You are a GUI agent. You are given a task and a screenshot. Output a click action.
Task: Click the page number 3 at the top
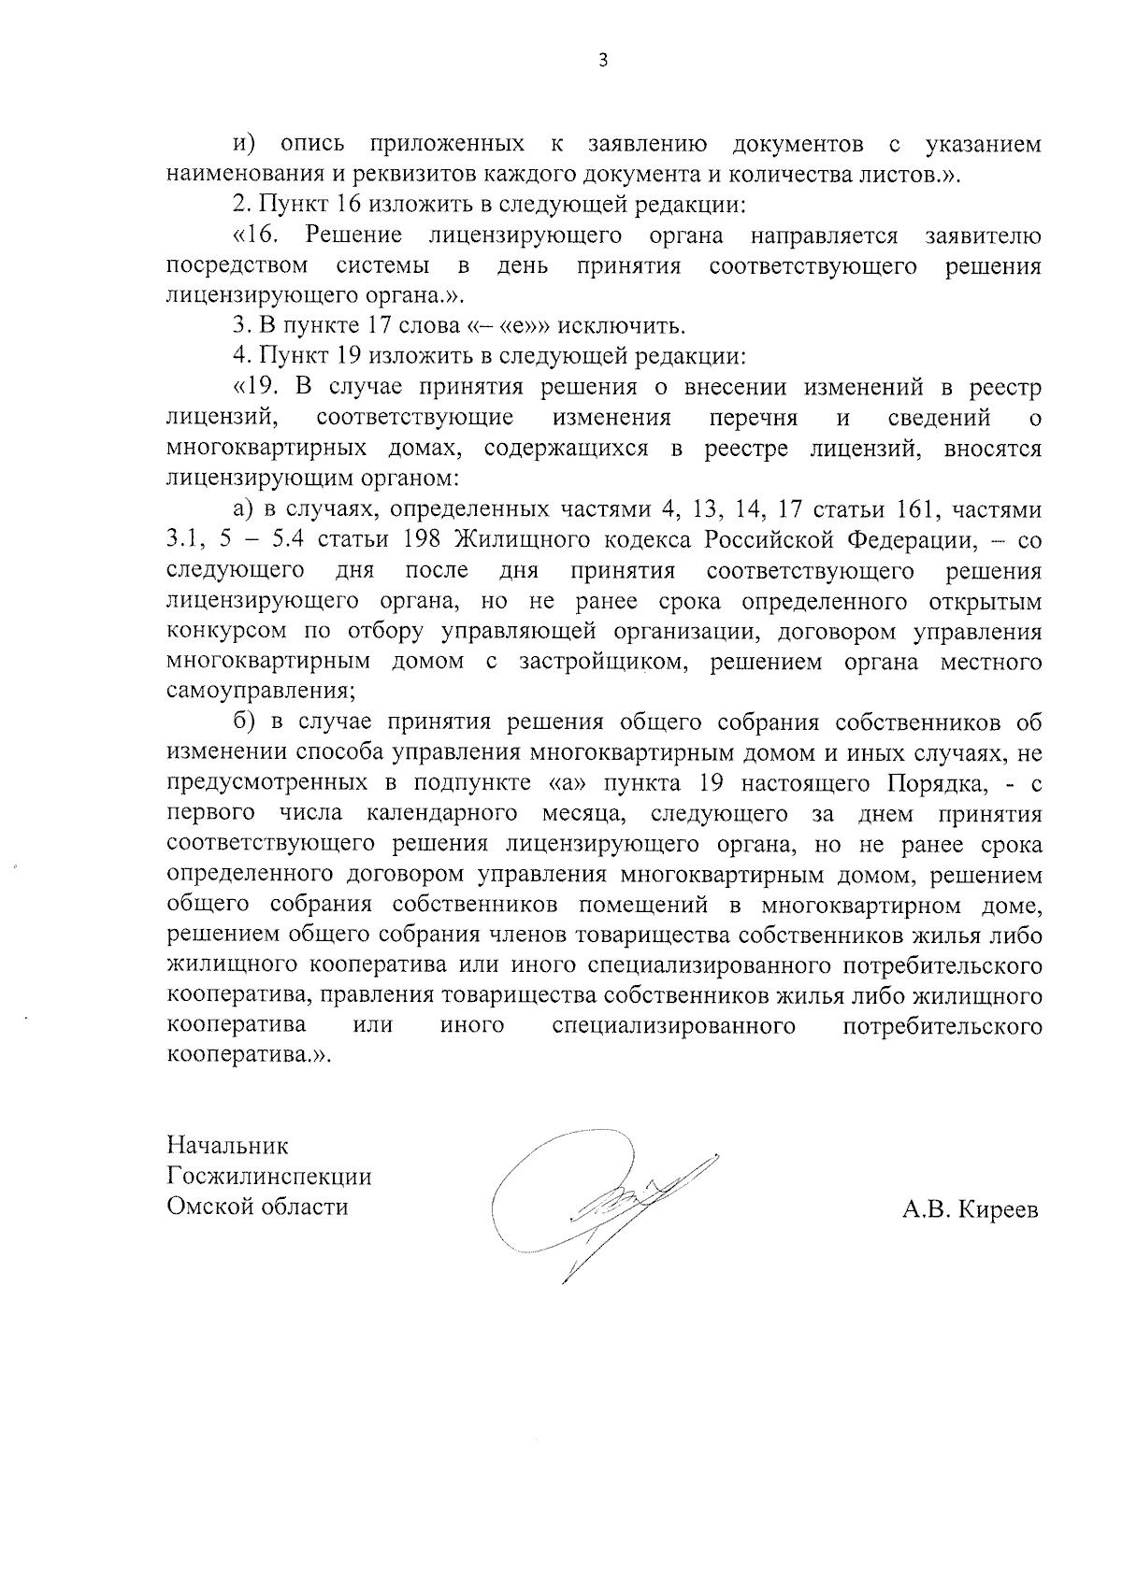pyautogui.click(x=603, y=61)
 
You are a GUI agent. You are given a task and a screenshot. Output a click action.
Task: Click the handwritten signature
pyautogui.click(x=598, y=1201)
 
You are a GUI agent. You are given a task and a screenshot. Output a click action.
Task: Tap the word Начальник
pyautogui.click(x=228, y=1145)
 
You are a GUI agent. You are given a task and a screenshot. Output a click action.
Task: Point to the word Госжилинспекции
pyautogui.click(x=269, y=1176)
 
